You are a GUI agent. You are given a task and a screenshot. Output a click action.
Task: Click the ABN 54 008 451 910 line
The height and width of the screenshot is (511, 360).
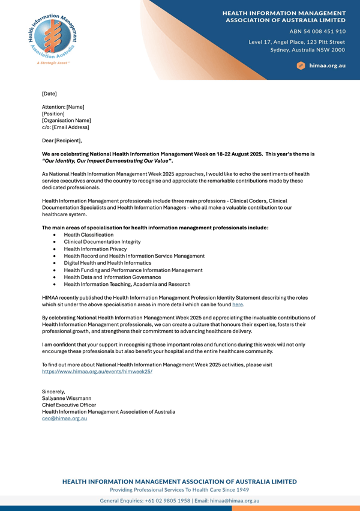pyautogui.click(x=317, y=31)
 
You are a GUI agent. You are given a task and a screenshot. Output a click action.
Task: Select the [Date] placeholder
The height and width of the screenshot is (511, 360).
pyautogui.click(x=49, y=94)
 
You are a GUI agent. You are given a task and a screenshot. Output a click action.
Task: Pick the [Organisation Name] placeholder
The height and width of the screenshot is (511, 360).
pyautogui.click(x=66, y=120)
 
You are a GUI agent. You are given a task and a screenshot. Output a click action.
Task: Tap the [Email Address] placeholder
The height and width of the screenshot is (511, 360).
pyautogui.click(x=71, y=127)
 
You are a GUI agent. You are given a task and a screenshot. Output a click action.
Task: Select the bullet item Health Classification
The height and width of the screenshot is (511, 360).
pyautogui.click(x=89, y=235)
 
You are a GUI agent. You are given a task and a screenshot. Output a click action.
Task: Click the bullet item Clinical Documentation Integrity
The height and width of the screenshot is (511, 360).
pyautogui.click(x=102, y=242)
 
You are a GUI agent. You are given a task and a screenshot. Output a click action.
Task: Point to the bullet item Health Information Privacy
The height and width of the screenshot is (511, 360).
pyautogui.click(x=95, y=249)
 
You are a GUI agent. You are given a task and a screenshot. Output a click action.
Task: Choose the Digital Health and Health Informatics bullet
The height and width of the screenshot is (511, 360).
pyautogui.click(x=109, y=263)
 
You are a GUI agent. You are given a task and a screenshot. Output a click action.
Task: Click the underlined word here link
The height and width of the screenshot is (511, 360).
pyautogui.click(x=238, y=304)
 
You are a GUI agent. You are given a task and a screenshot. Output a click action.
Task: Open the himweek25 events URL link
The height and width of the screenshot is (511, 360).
pyautogui.click(x=97, y=372)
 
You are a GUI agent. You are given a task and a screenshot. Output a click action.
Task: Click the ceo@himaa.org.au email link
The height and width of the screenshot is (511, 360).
pyautogui.click(x=64, y=419)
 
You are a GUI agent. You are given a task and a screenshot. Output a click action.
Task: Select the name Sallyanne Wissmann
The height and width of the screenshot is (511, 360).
pyautogui.click(x=67, y=398)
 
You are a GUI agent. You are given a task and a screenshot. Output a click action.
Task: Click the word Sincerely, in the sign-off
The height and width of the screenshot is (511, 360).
pyautogui.click(x=53, y=392)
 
